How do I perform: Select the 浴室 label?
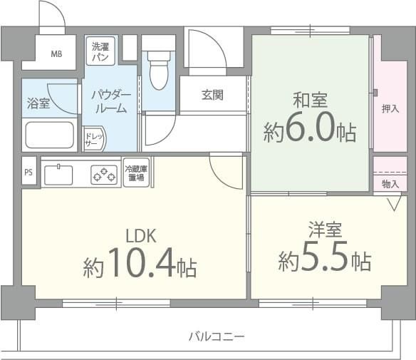click(x=39, y=103)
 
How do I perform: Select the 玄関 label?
click(x=212, y=95)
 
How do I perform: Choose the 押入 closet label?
click(x=390, y=109)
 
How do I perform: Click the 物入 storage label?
click(x=390, y=184)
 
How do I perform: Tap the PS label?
click(x=28, y=172)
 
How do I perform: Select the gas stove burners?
click(x=104, y=173)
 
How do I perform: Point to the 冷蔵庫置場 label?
click(x=135, y=173)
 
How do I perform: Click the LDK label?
click(x=140, y=237)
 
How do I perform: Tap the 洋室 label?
click(x=325, y=230)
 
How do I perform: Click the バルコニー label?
click(x=217, y=336)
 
